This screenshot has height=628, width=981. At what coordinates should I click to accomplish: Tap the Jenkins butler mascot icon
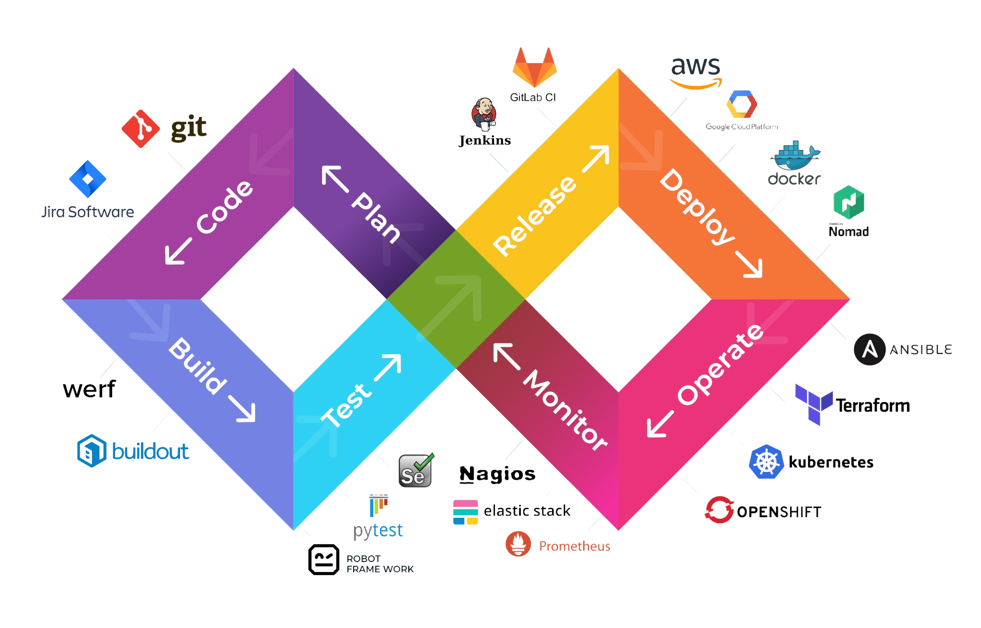(484, 115)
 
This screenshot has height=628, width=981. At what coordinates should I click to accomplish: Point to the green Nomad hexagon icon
(849, 202)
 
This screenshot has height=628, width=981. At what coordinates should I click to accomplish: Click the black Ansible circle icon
(869, 349)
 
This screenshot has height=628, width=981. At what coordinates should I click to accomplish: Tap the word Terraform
(873, 406)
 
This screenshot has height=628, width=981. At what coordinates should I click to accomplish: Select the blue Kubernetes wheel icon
(767, 462)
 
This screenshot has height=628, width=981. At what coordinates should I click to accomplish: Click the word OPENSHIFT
(779, 512)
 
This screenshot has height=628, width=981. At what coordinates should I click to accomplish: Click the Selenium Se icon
(415, 471)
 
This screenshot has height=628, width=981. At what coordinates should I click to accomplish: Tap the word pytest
(378, 531)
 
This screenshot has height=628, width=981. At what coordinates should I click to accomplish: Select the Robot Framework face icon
(324, 560)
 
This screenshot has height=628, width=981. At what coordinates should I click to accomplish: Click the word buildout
(150, 451)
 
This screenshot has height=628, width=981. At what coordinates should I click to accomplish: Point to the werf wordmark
(89, 389)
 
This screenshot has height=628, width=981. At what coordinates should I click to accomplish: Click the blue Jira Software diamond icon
(88, 179)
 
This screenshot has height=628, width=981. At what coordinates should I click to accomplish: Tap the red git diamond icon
(140, 128)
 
